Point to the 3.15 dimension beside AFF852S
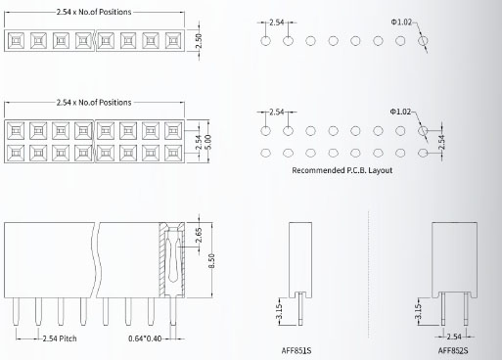coord(420,311)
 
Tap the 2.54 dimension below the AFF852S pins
coord(455,336)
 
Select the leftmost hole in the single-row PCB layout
coord(265,42)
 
